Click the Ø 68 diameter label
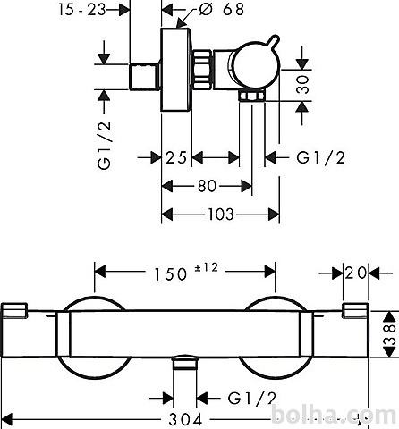pyautogui.click(x=222, y=9)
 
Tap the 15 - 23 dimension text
pyautogui.click(x=82, y=10)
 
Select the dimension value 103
pyautogui.click(x=221, y=214)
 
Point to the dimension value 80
pyautogui.click(x=207, y=186)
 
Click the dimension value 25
pyautogui.click(x=176, y=157)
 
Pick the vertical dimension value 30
pyautogui.click(x=302, y=85)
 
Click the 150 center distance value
pyautogui.click(x=170, y=274)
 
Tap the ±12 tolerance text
pyautogui.click(x=207, y=267)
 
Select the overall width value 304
pyautogui.click(x=185, y=420)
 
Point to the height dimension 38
pyautogui.click(x=390, y=334)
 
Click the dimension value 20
pyautogui.click(x=355, y=273)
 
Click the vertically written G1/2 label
pyautogui.click(x=105, y=146)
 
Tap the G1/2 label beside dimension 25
pyautogui.click(x=321, y=157)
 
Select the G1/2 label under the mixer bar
pyautogui.click(x=252, y=399)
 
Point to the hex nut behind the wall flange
pyautogui.click(x=202, y=69)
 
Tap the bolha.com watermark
pyautogui.click(x=335, y=415)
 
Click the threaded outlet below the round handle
pyautogui.click(x=251, y=97)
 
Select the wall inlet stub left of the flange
pyautogui.click(x=144, y=77)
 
